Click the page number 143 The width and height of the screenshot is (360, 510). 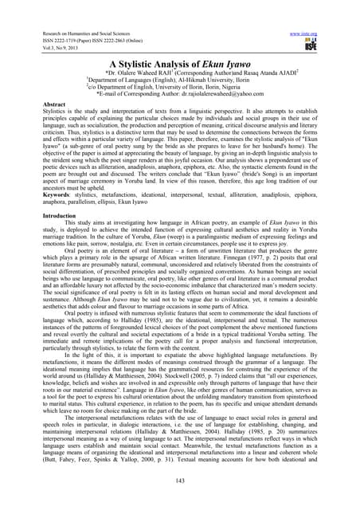point(179,487)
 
